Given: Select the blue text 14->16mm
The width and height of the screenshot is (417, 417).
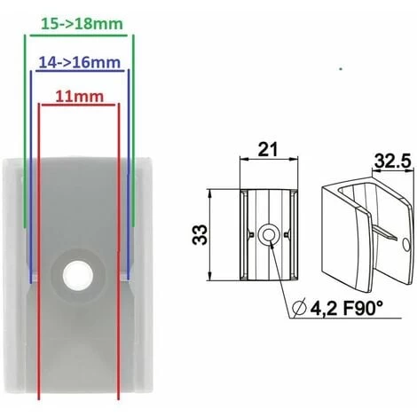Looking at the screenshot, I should point(80,63).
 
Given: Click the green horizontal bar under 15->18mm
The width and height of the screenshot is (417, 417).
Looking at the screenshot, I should point(80,35).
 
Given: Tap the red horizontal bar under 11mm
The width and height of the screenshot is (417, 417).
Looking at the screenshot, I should point(80,105).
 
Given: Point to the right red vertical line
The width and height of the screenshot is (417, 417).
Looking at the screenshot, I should point(119,266).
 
